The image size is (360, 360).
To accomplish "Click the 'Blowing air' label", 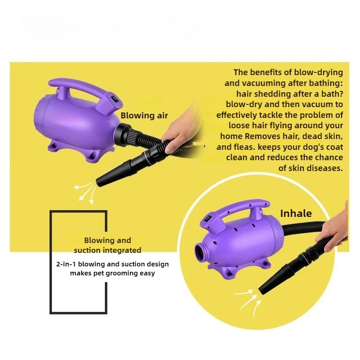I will click(x=144, y=116).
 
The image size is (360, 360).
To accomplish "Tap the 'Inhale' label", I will click(x=296, y=213).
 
